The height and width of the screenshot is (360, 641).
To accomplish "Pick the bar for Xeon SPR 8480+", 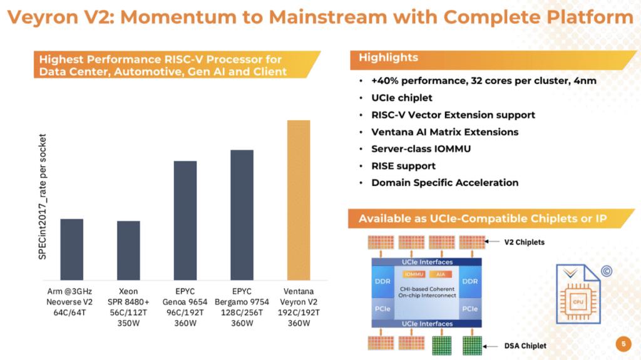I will (128, 250).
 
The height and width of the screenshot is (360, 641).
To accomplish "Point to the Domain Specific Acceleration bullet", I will (444, 183).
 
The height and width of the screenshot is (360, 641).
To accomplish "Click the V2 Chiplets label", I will (525, 242).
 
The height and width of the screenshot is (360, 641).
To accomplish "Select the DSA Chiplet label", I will (525, 346).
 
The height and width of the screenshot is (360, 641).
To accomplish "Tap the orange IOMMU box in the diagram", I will (414, 274).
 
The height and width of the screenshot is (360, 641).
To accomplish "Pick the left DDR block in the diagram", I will (382, 282).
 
